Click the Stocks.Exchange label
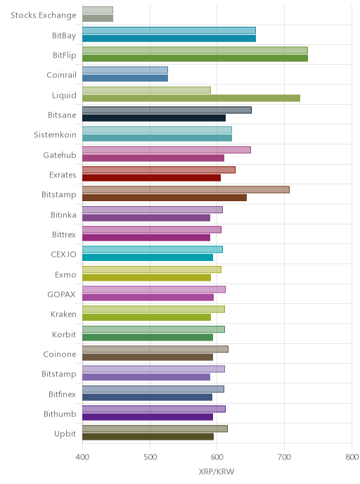pos(44,15)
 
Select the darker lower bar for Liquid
pos(191,98)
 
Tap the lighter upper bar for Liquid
pos(146,90)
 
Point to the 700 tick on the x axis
pos(284,457)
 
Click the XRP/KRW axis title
pos(217,471)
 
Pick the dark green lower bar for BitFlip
pos(195,58)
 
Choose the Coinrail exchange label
pos(61,75)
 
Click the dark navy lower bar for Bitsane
pos(154,118)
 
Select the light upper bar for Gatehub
pos(167,150)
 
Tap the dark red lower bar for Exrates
pos(151,178)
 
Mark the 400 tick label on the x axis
pos(82,457)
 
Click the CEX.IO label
pos(63,255)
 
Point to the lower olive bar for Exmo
pos(146,277)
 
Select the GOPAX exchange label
pos(61,295)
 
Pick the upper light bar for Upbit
pos(155,428)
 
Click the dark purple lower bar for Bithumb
pos(148,417)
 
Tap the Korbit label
pos(64,334)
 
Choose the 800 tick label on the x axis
pos(352,457)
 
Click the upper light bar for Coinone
pos(155,349)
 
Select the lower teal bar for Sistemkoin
pos(157,138)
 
